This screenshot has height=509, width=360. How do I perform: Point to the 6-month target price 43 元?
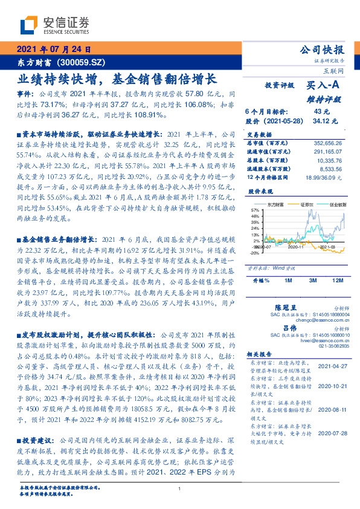(321, 111)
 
